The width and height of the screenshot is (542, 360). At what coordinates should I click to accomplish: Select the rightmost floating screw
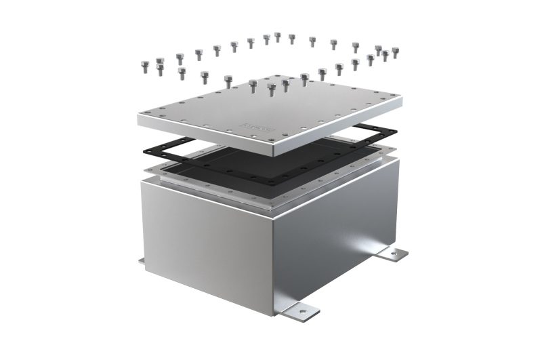396,52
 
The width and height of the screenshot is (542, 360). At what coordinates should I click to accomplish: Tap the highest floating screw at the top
278,37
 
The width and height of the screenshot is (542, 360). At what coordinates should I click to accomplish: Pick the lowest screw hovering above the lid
272,89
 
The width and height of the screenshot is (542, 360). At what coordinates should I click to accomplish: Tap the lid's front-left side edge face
203,136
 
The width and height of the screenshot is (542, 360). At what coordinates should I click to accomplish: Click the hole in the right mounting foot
395,255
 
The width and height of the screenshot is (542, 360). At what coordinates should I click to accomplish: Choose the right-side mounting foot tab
393,254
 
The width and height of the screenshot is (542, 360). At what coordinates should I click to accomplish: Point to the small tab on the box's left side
141,260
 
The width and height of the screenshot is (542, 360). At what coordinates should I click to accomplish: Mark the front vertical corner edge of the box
274,258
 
